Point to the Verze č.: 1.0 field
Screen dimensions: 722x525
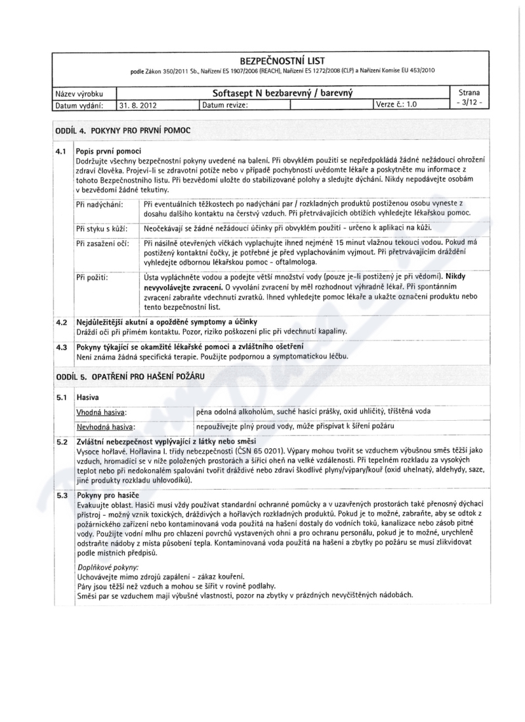point(398,104)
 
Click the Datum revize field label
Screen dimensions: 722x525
point(225,104)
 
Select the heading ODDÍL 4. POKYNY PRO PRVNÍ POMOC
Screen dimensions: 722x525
point(123,131)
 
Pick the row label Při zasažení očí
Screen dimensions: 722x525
point(102,244)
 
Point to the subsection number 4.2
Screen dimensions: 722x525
point(62,322)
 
